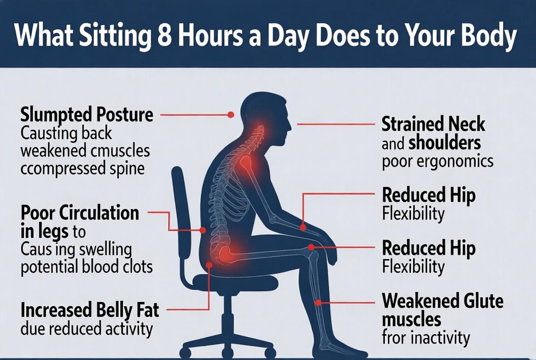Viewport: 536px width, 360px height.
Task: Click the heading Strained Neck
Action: click(x=433, y=124)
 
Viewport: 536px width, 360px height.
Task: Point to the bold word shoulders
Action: click(x=444, y=143)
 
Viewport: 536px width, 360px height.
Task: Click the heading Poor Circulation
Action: click(x=80, y=213)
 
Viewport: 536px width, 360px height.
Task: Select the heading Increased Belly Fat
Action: click(x=89, y=310)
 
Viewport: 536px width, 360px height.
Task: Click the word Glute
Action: click(x=480, y=301)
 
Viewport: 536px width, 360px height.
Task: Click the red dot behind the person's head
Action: click(x=231, y=114)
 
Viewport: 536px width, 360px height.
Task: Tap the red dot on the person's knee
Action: click(x=312, y=247)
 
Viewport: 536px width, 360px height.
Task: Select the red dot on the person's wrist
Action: click(x=303, y=226)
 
